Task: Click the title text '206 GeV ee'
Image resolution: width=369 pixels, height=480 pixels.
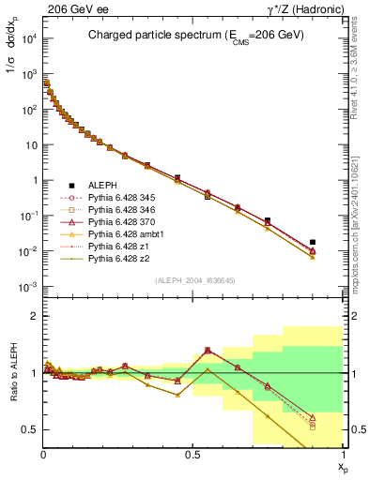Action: tap(68, 8)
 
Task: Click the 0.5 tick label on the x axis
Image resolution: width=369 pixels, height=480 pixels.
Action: tap(192, 454)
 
